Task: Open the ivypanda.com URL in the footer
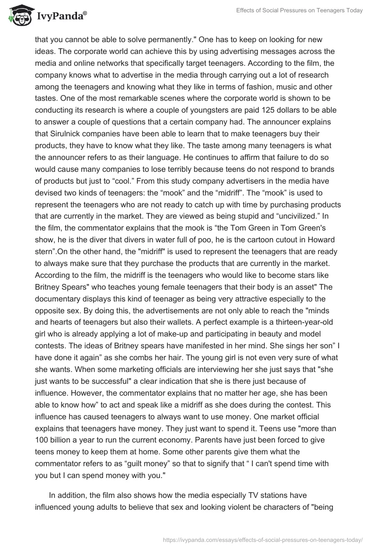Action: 262,539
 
